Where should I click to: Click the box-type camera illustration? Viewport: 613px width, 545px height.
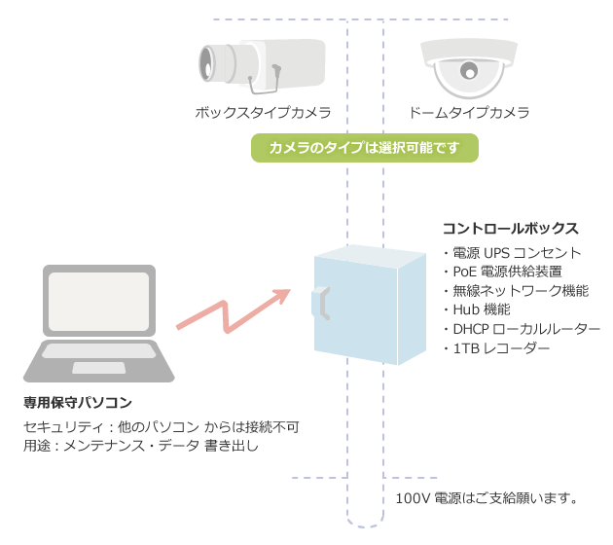click(261, 66)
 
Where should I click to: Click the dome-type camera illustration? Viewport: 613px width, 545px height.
click(469, 68)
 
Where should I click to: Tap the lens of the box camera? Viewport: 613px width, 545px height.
click(207, 65)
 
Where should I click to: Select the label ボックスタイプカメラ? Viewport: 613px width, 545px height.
click(263, 113)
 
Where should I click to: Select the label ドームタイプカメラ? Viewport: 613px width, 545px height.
click(469, 113)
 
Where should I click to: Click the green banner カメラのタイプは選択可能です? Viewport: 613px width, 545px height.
click(364, 148)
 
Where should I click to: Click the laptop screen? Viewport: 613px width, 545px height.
click(99, 302)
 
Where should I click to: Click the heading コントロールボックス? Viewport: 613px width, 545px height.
click(510, 229)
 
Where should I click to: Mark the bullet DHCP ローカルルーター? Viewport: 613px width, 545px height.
click(521, 329)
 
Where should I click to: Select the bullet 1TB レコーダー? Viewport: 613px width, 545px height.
click(496, 347)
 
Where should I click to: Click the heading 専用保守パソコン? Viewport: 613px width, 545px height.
click(78, 402)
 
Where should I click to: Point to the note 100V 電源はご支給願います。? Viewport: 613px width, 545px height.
click(487, 499)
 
